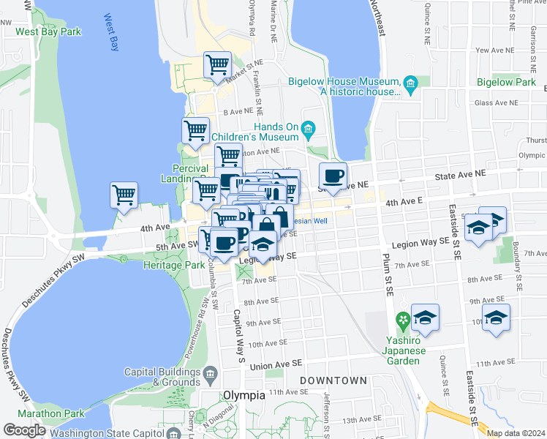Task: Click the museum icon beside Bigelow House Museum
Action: (x=410, y=86)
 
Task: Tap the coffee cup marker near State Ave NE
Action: (x=333, y=176)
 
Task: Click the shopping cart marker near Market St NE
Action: (x=217, y=64)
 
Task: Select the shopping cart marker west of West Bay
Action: (x=124, y=195)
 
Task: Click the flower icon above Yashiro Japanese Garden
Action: (x=401, y=320)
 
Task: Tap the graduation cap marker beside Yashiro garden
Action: (x=424, y=317)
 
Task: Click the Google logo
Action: (x=25, y=429)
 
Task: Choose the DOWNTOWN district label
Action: (x=333, y=381)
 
